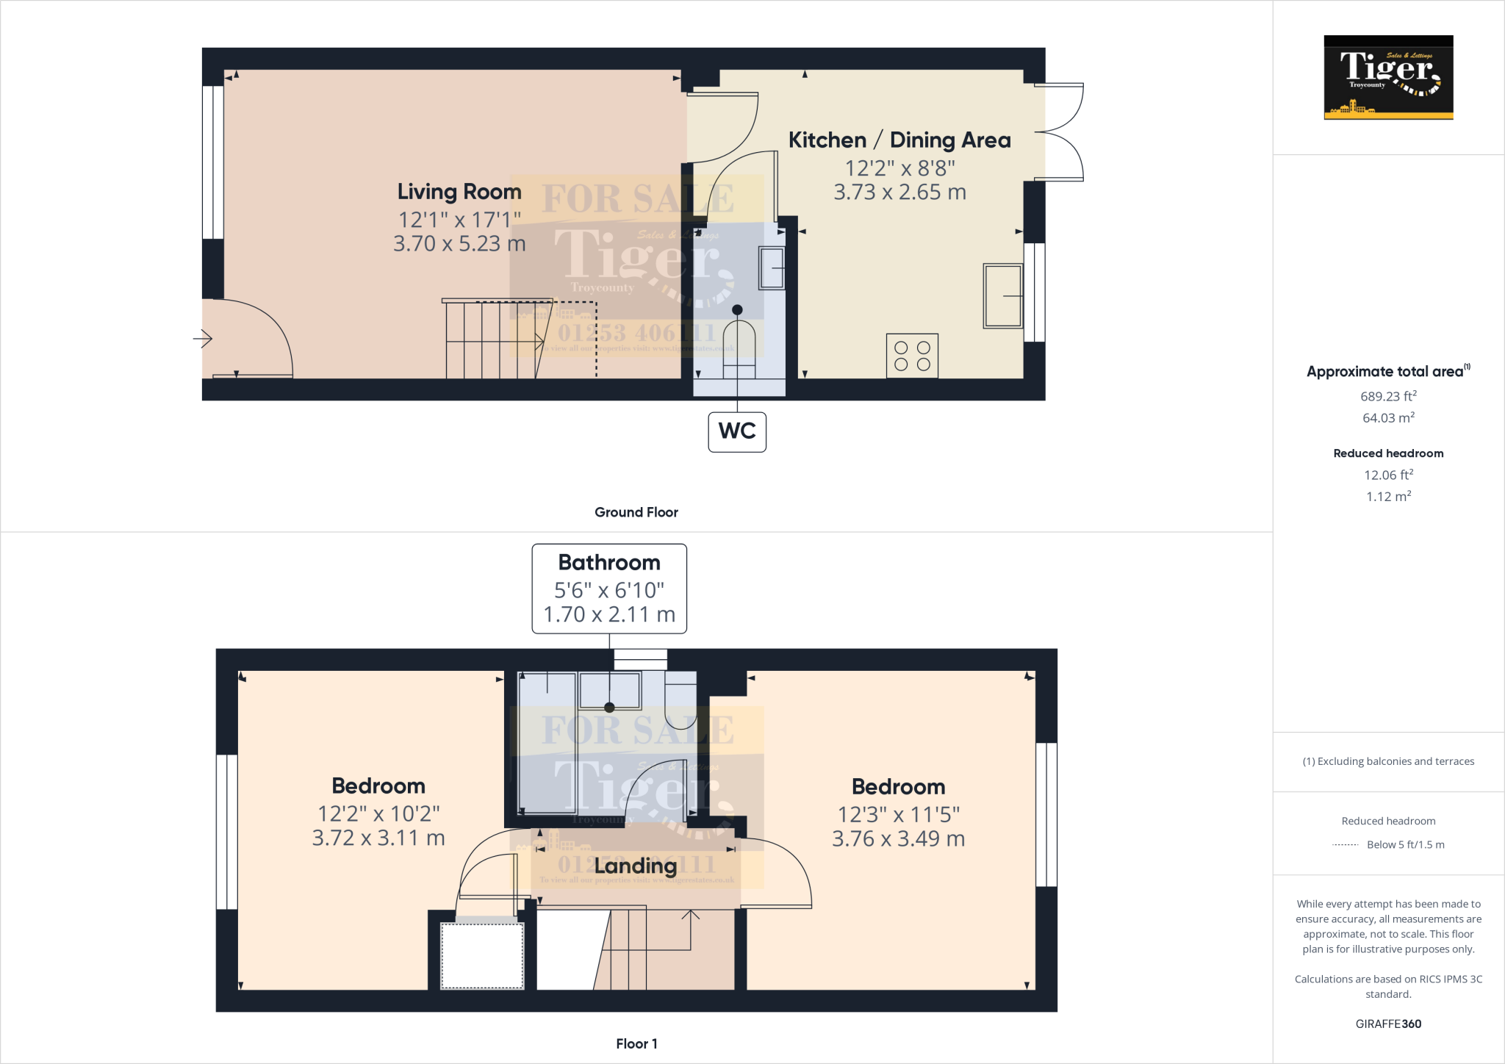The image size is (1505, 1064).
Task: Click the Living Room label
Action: [459, 192]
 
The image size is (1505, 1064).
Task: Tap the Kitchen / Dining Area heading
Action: [899, 140]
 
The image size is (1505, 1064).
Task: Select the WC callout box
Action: [737, 431]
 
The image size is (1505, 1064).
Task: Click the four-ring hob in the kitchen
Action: [912, 356]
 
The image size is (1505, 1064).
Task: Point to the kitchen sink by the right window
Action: [1003, 295]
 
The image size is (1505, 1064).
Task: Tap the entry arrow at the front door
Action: [203, 339]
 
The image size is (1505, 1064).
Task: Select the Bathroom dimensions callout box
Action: [609, 589]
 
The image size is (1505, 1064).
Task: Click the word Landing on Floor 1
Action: [635, 866]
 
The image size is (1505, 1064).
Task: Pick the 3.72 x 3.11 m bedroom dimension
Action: [378, 838]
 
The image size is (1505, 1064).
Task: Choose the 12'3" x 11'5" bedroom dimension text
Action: [898, 814]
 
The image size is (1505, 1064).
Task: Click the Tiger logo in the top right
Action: [1388, 77]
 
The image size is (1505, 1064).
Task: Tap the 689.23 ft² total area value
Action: [1388, 396]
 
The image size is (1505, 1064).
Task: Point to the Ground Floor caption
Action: [636, 512]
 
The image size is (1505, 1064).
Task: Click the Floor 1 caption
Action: [636, 1043]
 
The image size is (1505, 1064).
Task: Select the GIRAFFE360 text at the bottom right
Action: [1388, 1024]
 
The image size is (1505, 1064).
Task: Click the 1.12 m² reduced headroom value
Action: [1388, 497]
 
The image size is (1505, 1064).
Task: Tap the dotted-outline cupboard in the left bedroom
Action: [482, 955]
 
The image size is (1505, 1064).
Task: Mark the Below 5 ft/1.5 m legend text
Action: [1405, 844]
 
